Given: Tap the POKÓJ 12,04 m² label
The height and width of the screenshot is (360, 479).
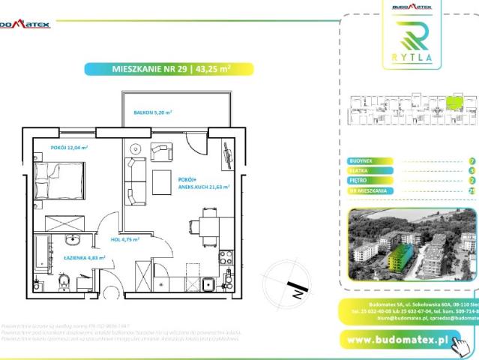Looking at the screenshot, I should [x=69, y=148].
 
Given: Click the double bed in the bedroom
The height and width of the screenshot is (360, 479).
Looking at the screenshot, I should [x=60, y=182].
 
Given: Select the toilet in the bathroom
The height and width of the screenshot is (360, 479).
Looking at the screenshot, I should [x=65, y=282].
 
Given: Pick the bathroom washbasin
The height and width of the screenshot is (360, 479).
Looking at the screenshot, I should [x=73, y=240].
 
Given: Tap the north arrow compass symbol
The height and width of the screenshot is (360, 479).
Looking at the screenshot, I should [x=295, y=285].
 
